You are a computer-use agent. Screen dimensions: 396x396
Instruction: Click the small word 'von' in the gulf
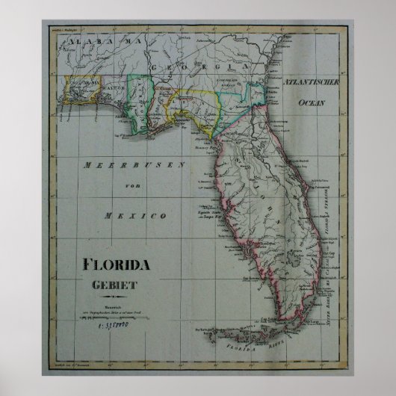[x=134, y=190]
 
